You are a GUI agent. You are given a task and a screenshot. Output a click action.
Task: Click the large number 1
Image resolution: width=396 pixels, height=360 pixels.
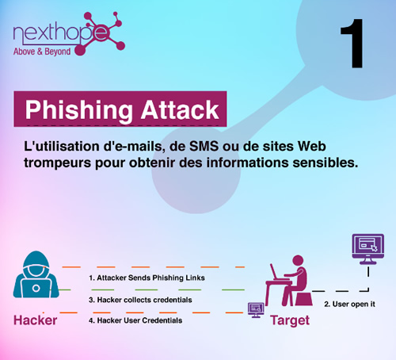pyautogui.click(x=352, y=44)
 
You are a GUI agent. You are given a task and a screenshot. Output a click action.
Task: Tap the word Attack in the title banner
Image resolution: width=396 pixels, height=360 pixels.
pyautogui.click(x=180, y=109)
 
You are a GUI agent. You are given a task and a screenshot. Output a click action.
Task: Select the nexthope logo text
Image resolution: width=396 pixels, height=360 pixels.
pyautogui.click(x=61, y=33)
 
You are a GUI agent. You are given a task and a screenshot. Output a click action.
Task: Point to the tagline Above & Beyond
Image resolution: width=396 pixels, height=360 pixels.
pyautogui.click(x=42, y=52)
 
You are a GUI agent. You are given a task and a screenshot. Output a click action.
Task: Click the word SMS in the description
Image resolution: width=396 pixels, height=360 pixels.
pyautogui.click(x=204, y=146)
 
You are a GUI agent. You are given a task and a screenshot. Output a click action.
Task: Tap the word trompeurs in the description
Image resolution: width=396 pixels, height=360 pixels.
pyautogui.click(x=58, y=163)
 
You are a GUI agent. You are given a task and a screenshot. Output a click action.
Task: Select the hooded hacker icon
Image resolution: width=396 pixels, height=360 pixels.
pyautogui.click(x=36, y=274)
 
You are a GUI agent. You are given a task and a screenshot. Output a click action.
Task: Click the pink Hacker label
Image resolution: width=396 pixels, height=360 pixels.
pyautogui.click(x=35, y=320)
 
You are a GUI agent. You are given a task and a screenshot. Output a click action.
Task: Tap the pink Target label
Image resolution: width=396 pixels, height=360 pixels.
pyautogui.click(x=290, y=320)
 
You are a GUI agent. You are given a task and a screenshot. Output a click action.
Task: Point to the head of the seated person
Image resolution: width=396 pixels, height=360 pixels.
pyautogui.click(x=298, y=261)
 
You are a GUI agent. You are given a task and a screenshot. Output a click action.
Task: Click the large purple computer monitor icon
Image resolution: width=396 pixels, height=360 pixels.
pyautogui.click(x=368, y=249)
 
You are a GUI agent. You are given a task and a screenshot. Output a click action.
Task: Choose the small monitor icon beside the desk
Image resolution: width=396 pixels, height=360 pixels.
pyautogui.click(x=256, y=310)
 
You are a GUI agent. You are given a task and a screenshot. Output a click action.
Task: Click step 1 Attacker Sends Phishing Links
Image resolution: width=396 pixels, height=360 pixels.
pyautogui.click(x=147, y=278)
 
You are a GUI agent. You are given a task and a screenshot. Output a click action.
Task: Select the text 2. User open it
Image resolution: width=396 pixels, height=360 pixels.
pyautogui.click(x=349, y=304)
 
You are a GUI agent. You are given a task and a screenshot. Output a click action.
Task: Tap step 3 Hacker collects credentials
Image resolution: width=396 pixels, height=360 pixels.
pyautogui.click(x=140, y=300)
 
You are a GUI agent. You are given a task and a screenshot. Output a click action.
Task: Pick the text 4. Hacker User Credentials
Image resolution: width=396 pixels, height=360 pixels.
pyautogui.click(x=135, y=320)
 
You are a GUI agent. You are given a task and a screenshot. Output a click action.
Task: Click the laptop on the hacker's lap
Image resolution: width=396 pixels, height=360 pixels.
pyautogui.click(x=36, y=288)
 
